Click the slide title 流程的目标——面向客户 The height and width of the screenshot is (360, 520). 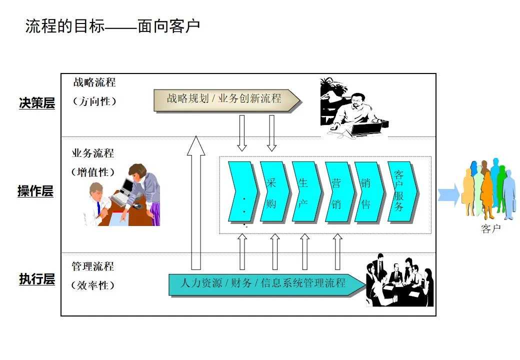click(112, 26)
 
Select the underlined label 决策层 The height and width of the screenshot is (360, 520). click(37, 103)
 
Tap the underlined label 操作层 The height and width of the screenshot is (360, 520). click(35, 191)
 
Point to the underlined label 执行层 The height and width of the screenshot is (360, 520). click(37, 279)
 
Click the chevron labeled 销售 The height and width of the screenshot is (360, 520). click(367, 191)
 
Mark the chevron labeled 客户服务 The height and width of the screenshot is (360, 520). click(401, 191)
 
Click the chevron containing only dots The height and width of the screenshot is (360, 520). click(242, 191)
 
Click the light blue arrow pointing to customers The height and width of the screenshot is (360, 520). click(448, 194)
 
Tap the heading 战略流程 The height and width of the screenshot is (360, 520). click(94, 82)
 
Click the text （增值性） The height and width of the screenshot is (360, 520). click(93, 172)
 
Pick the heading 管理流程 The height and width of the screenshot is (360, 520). click(92, 266)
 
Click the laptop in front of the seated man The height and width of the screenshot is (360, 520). click(366, 130)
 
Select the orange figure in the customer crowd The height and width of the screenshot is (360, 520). click(486, 192)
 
